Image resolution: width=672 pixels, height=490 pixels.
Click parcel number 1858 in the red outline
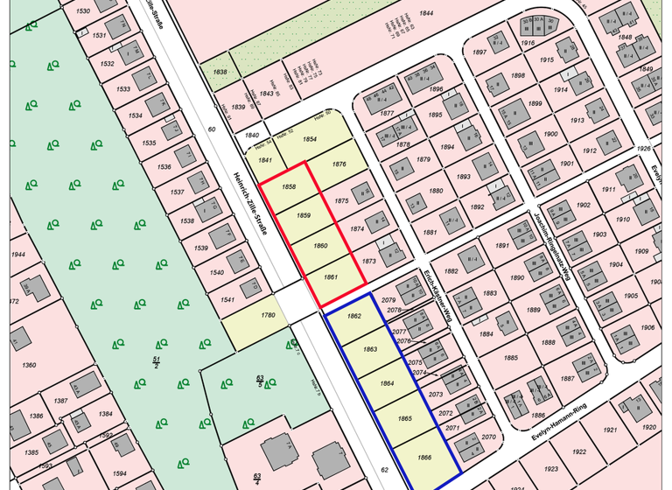tap(289, 187)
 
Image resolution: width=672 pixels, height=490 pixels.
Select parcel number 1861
tap(330, 276)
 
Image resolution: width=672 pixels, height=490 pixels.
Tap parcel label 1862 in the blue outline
tap(354, 316)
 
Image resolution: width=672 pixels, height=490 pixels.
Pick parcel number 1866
tap(424, 458)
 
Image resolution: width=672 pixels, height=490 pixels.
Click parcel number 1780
tap(268, 315)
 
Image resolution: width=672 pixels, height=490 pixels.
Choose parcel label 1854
tap(310, 139)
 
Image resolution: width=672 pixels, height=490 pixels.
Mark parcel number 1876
tap(339, 164)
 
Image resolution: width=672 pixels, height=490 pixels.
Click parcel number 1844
tap(426, 13)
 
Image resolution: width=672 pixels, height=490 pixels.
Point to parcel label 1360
tap(29, 365)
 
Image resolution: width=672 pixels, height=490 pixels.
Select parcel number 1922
tap(578, 451)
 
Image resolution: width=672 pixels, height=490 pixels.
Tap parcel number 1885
tap(512, 357)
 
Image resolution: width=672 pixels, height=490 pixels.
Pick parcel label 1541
tap(228, 300)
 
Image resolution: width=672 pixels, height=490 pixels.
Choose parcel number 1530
tap(83, 10)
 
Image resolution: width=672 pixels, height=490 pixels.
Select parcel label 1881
tap(429, 232)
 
